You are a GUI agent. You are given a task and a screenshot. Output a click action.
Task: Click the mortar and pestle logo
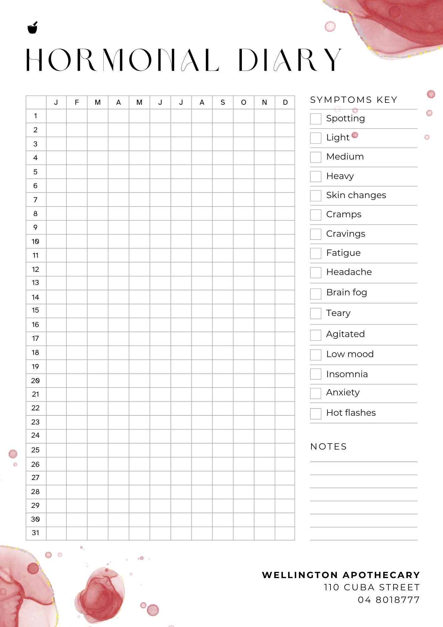33,28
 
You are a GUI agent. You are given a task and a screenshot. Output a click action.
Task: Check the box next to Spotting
315,119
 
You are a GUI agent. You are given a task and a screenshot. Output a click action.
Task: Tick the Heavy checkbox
315,176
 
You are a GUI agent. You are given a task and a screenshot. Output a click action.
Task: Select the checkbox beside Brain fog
315,293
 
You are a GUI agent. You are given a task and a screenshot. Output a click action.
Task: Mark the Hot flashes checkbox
315,414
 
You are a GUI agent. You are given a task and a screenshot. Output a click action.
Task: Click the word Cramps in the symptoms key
344,214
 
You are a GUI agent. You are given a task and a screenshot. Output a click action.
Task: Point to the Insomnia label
347,374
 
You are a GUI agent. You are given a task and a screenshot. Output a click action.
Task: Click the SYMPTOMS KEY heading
354,100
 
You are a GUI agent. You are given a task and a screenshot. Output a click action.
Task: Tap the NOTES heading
328,447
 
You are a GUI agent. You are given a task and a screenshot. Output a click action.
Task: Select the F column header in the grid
77,103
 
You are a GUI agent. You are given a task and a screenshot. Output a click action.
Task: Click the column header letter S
223,103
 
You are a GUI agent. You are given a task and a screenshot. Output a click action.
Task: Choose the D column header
285,103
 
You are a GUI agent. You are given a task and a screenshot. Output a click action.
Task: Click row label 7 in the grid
35,200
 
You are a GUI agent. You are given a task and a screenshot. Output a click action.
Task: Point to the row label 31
35,533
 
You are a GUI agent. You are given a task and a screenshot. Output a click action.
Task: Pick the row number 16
35,324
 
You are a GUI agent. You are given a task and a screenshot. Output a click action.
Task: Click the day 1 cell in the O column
243,116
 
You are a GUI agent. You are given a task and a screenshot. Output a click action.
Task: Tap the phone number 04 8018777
388,600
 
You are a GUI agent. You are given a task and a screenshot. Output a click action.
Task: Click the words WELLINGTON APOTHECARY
341,575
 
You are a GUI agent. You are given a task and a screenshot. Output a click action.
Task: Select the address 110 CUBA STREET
372,587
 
